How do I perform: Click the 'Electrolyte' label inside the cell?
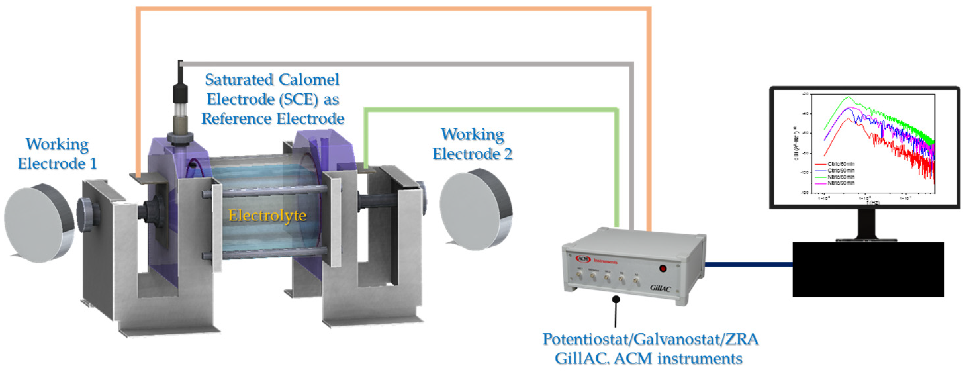[267, 215]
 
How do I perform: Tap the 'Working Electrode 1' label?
[57, 154]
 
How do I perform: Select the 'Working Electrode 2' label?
[472, 144]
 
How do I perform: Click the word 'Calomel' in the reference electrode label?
[309, 80]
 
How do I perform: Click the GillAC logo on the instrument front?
[660, 288]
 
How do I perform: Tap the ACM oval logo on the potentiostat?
[583, 259]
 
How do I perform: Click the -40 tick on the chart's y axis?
[805, 113]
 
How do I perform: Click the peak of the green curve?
[849, 97]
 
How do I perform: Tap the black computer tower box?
[868, 269]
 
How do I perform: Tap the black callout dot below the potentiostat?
[616, 299]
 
